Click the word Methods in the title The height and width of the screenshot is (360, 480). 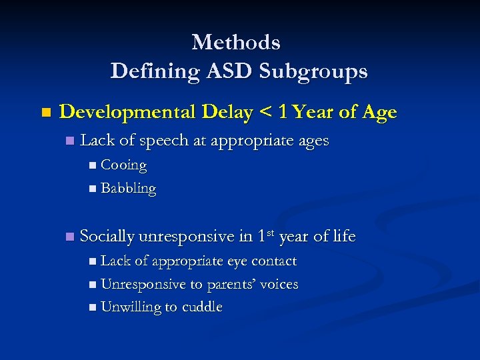236,43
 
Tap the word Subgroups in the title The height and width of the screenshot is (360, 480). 311,71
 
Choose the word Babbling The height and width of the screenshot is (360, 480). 128,189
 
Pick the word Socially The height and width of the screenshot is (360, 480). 107,236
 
